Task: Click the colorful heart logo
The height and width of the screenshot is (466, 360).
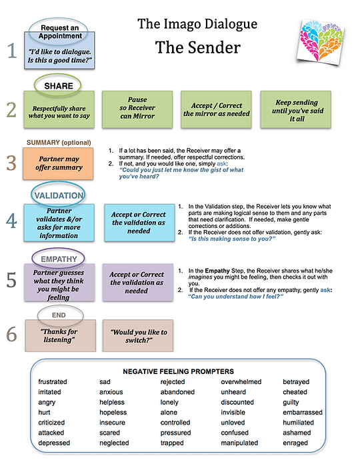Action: (321, 41)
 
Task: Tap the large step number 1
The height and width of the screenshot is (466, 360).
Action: (12, 51)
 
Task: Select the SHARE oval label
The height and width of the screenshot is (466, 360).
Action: (58, 85)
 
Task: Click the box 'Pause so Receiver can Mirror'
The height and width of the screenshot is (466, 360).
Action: (137, 109)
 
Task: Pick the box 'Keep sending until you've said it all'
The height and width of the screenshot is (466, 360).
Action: (296, 109)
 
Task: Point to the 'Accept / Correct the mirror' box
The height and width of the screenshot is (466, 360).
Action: (216, 109)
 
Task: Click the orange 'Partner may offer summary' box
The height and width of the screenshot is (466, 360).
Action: (58, 163)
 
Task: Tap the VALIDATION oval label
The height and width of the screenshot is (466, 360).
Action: (58, 195)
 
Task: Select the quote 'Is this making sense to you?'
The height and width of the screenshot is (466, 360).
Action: (232, 239)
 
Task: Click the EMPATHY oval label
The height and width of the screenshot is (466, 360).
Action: (58, 259)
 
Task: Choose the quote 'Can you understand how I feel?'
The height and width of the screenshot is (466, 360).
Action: (236, 296)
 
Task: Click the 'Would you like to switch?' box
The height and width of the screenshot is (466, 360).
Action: (138, 336)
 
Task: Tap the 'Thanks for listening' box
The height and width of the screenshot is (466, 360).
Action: (61, 336)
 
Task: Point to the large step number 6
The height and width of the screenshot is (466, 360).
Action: (11, 335)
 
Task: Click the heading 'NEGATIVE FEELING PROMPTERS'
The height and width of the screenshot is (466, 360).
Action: (179, 371)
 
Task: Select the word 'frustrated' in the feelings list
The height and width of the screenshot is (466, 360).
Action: (53, 381)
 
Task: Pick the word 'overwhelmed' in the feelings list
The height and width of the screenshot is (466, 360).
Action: (241, 381)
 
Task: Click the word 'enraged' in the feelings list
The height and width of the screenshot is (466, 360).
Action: (295, 443)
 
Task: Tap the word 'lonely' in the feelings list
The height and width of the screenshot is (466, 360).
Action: (169, 402)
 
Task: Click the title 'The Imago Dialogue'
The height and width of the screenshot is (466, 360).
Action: (197, 24)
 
